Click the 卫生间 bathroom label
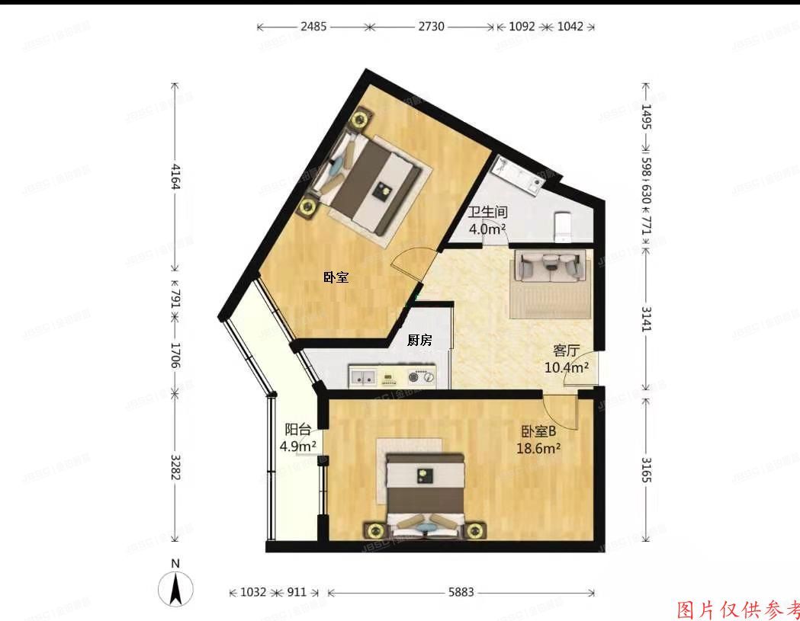pos(487,213)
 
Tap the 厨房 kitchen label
pos(419,341)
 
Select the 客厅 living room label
pos(567,351)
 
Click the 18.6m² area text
pos(538,448)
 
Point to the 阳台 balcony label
pos(297,429)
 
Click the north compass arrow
pos(175,588)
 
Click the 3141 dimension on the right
pos(647,319)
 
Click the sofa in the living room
pos(552,267)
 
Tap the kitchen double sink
pos(362,376)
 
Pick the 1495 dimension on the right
pos(647,117)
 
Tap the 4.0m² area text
pos(487,229)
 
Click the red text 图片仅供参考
pos(738,610)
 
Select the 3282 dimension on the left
pos(175,466)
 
